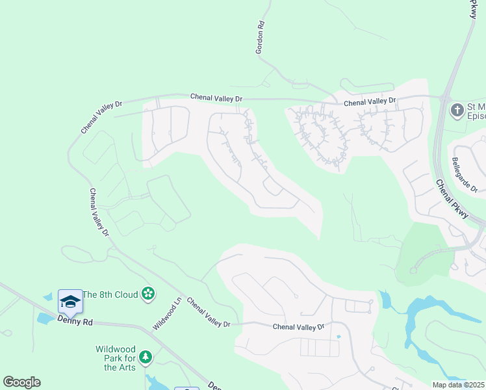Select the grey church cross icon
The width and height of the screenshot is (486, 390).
pos(457,109)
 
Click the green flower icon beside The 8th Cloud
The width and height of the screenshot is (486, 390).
pos(148,294)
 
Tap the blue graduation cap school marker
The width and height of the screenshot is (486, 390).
pos(70,302)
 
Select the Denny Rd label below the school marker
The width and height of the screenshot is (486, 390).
pos(75,320)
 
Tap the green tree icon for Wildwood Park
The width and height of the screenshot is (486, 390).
pos(146,357)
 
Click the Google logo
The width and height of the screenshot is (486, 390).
pos(21,382)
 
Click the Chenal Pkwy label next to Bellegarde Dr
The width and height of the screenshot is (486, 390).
pos(452,199)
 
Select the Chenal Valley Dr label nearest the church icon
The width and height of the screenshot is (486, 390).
pos(369,101)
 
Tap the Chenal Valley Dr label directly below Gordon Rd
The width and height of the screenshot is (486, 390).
pos(216,97)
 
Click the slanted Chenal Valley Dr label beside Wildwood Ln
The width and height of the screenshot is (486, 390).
pos(208,313)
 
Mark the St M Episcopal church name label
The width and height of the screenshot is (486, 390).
pos(476,111)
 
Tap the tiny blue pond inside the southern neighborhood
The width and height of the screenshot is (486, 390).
pos(339,337)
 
